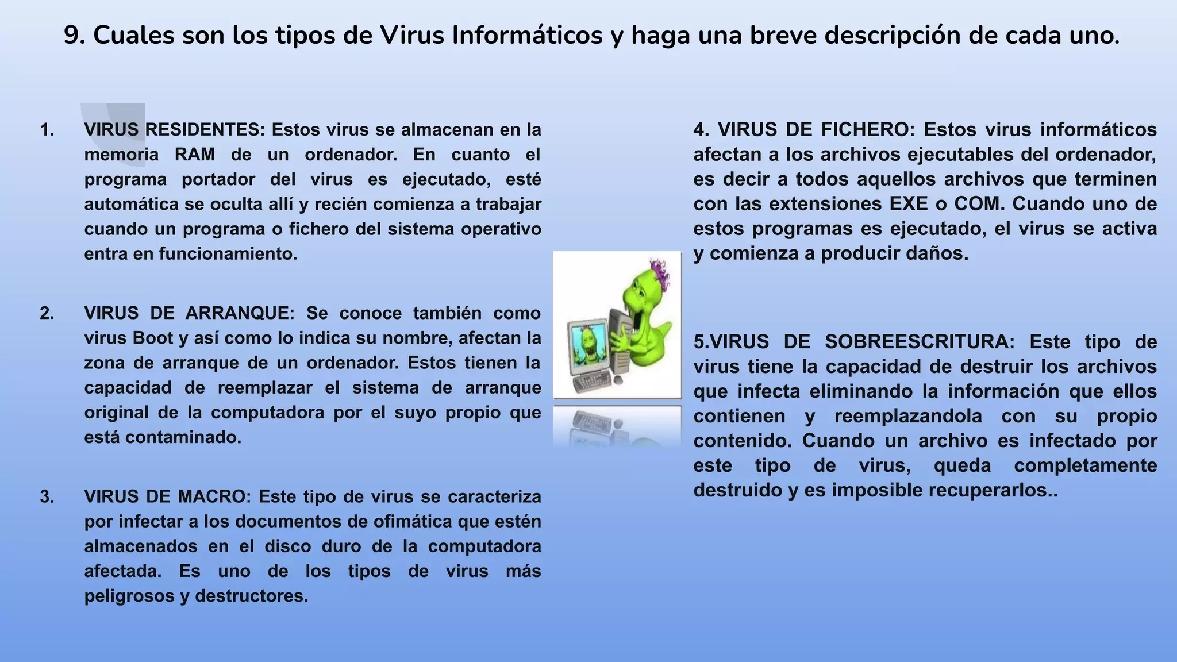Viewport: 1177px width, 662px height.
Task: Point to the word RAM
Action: tap(195, 155)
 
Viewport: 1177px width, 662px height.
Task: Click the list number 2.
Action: tap(47, 313)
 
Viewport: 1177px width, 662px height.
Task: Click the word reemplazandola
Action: tap(908, 416)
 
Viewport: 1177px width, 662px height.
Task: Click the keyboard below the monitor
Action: tap(592, 382)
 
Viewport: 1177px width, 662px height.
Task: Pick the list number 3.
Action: tap(47, 496)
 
